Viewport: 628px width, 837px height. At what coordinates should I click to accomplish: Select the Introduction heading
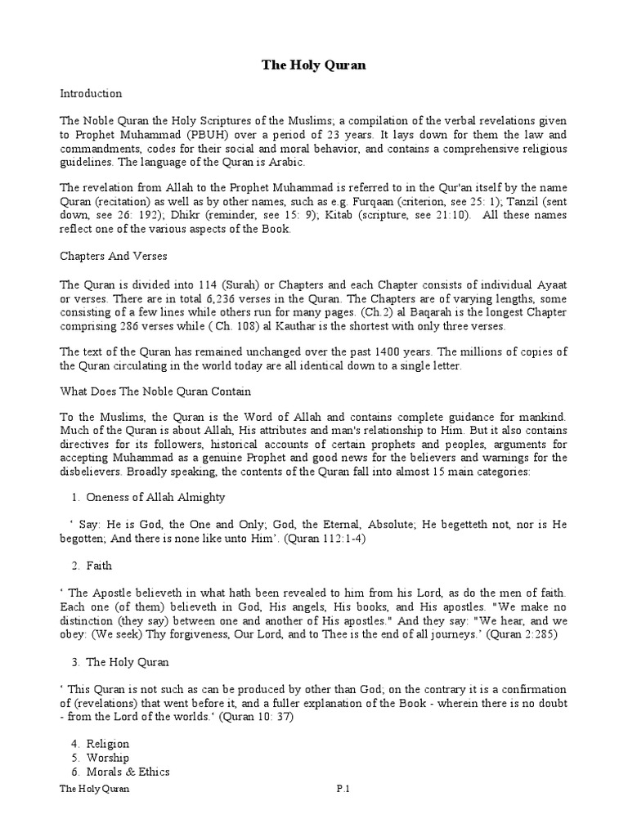pos(92,93)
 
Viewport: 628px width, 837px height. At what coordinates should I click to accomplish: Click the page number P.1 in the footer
pos(343,789)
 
